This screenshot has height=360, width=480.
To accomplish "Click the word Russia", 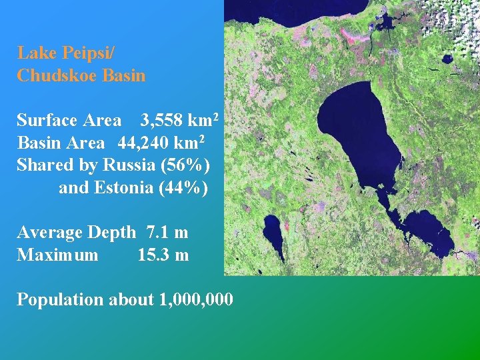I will [127, 165].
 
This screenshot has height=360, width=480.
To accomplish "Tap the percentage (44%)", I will [183, 187].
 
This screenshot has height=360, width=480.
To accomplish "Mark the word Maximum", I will [57, 255].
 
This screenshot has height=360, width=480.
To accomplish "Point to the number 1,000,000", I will [197, 300].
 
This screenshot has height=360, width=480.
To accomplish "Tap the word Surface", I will [47, 121].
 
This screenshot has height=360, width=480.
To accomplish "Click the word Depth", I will [112, 233].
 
